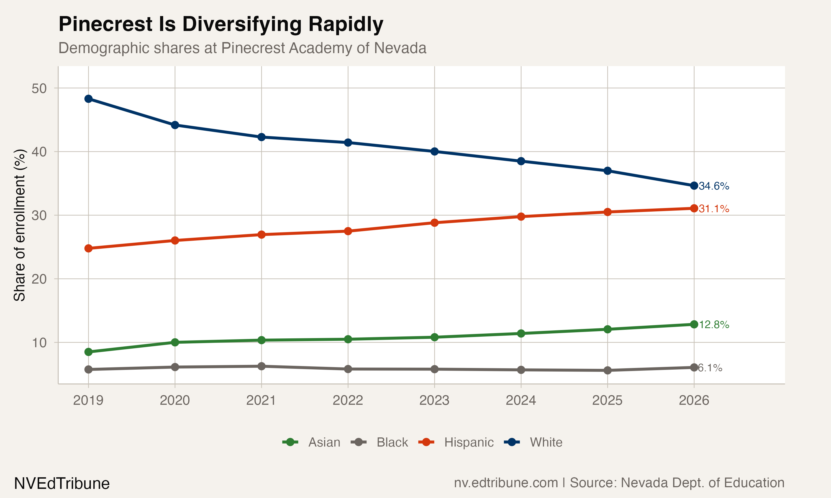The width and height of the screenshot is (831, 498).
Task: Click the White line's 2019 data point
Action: click(x=88, y=99)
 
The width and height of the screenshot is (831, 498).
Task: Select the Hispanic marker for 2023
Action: click(x=434, y=223)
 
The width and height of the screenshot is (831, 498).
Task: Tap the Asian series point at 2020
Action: click(x=175, y=342)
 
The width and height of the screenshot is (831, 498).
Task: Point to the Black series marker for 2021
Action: click(x=261, y=367)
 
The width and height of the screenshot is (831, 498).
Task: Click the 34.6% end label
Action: click(x=714, y=186)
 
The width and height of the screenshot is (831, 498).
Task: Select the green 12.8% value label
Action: click(x=714, y=325)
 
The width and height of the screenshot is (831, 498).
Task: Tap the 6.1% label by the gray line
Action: click(x=710, y=368)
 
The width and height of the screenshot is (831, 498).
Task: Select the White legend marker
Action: click(x=512, y=442)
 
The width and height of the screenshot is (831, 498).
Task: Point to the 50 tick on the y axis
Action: click(x=39, y=89)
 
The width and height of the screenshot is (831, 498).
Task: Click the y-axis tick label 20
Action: click(x=39, y=279)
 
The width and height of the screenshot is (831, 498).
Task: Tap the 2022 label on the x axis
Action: click(x=348, y=400)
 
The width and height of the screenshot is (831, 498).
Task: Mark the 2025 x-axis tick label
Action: click(x=607, y=400)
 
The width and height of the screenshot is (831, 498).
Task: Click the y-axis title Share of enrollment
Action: click(x=19, y=225)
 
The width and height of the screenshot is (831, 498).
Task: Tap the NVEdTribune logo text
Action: click(x=62, y=484)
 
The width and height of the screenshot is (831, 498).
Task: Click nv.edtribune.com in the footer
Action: click(x=506, y=483)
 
